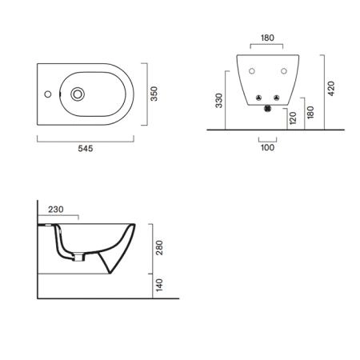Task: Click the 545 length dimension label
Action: [x=86, y=149]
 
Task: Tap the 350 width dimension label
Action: [x=154, y=94]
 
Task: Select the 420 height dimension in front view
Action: [x=331, y=89]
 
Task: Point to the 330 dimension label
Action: [x=219, y=101]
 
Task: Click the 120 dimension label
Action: [x=293, y=118]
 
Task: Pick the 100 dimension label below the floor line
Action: [x=267, y=147]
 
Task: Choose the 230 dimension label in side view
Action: [x=56, y=210]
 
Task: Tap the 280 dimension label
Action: [x=159, y=248]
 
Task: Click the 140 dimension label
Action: [x=159, y=285]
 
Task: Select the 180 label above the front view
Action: [x=267, y=38]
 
